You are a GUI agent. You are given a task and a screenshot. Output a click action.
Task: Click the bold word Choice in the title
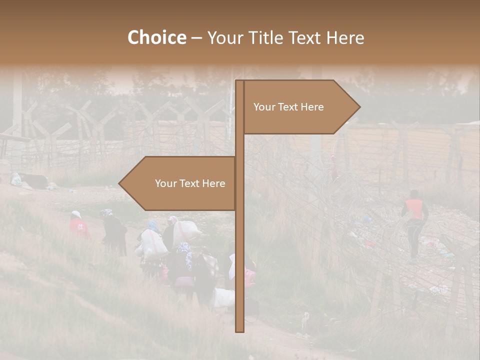[156, 37]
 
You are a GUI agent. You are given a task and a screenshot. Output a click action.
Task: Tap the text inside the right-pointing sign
[288, 107]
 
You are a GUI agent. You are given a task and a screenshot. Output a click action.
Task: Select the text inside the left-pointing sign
[190, 183]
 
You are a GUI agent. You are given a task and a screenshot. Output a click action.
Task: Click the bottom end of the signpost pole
[239, 330]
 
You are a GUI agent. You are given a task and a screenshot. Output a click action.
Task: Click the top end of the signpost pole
[239, 82]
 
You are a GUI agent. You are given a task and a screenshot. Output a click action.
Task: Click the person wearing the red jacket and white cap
[78, 226]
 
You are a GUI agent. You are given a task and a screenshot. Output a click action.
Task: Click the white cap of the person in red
[76, 214]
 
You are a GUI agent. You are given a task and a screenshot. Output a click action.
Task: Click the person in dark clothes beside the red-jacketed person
[115, 232]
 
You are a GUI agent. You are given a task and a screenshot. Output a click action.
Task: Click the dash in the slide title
[196, 38]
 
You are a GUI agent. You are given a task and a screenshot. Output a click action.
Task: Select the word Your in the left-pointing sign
[164, 183]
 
